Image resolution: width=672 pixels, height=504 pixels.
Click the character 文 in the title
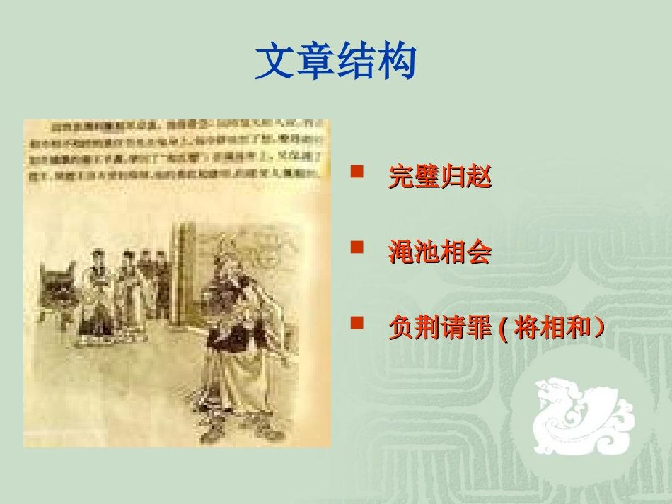pos(275,61)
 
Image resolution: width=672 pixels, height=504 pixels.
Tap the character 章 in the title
pos(315,61)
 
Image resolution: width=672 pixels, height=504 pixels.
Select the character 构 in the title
pos(396,61)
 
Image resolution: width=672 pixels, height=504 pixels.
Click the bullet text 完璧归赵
pos(439,176)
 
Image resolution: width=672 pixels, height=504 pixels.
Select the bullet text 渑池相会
pos(439,252)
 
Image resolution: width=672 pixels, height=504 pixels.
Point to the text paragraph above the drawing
pos(177,151)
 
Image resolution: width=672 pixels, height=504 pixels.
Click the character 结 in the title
pos(356,61)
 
